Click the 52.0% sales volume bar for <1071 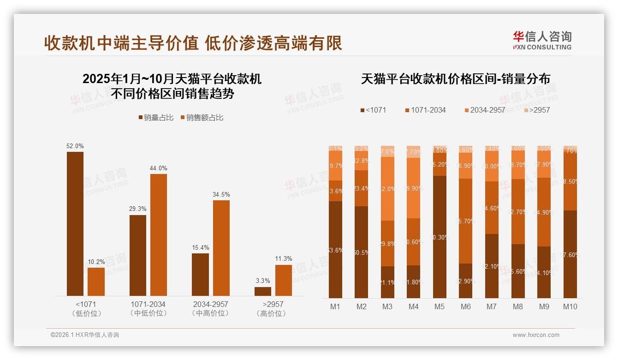click(x=75, y=224)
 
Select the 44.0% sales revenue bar click(x=159, y=235)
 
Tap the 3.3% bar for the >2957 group click(x=263, y=291)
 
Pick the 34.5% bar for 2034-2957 click(x=221, y=248)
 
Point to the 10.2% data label click(x=96, y=262)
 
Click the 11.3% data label click(x=283, y=259)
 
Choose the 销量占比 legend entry click(x=155, y=118)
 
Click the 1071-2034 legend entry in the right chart click(x=425, y=110)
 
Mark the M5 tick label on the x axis click(x=440, y=306)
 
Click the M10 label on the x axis click(x=570, y=306)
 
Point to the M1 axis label click(x=335, y=306)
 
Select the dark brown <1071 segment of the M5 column click(x=440, y=237)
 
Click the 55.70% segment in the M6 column click(x=466, y=221)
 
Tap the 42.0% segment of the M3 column click(x=387, y=189)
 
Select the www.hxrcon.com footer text click(x=536, y=335)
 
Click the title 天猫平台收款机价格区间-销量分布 click(x=455, y=79)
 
